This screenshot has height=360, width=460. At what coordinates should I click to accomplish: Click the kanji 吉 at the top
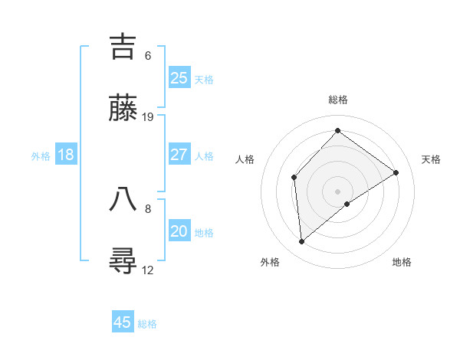pyautogui.click(x=123, y=47)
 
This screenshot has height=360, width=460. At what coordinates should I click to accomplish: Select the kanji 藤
pyautogui.click(x=123, y=108)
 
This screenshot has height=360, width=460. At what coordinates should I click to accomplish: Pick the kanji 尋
pyautogui.click(x=123, y=260)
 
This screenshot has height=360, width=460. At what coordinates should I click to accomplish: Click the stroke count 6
pyautogui.click(x=148, y=56)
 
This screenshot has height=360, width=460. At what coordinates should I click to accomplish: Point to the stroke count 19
pyautogui.click(x=148, y=116)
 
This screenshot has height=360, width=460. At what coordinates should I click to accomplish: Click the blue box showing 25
pyautogui.click(x=179, y=77)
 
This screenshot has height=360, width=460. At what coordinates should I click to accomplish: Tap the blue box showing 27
pyautogui.click(x=179, y=154)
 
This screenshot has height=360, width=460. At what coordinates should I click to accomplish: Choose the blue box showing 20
pyautogui.click(x=179, y=231)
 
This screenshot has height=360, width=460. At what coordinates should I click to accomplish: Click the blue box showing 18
pyautogui.click(x=66, y=155)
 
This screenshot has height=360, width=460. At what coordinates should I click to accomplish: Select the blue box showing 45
pyautogui.click(x=123, y=322)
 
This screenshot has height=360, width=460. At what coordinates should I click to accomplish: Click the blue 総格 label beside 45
pyautogui.click(x=147, y=324)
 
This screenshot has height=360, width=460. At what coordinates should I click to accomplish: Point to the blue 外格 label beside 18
pyautogui.click(x=41, y=156)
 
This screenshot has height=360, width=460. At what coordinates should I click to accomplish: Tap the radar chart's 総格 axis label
pyautogui.click(x=338, y=100)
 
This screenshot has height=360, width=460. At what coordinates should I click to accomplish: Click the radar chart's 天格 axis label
pyautogui.click(x=431, y=159)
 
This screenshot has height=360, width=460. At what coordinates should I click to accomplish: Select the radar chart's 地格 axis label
pyautogui.click(x=402, y=262)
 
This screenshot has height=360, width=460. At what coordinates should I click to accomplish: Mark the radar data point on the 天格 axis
pyautogui.click(x=396, y=172)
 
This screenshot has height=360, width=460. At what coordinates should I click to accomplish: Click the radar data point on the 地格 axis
pyautogui.click(x=348, y=204)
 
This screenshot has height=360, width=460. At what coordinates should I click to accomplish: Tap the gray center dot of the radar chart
pyautogui.click(x=337, y=191)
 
